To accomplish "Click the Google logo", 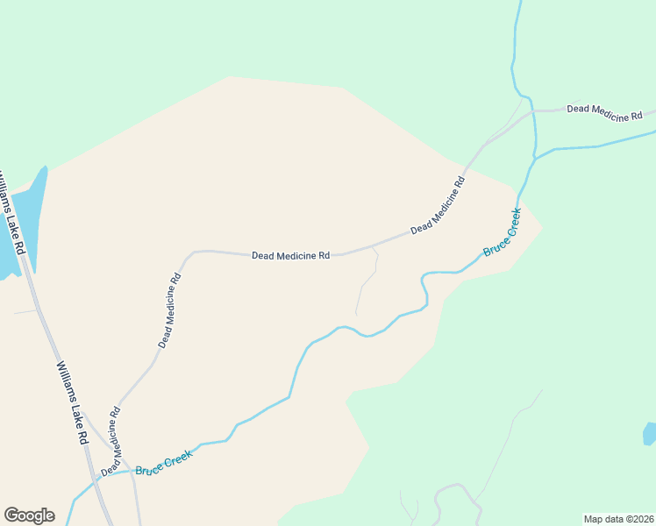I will click(29, 515).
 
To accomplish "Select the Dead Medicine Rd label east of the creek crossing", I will click(604, 112).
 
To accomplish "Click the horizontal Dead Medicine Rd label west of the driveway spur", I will click(290, 256).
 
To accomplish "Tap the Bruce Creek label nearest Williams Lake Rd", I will click(163, 463).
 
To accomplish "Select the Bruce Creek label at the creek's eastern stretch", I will click(503, 231).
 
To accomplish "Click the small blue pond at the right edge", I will click(649, 433).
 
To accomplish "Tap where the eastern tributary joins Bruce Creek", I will click(533, 159).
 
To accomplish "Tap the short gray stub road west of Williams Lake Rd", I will click(24, 311).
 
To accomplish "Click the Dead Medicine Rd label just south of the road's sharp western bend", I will click(171, 310).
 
